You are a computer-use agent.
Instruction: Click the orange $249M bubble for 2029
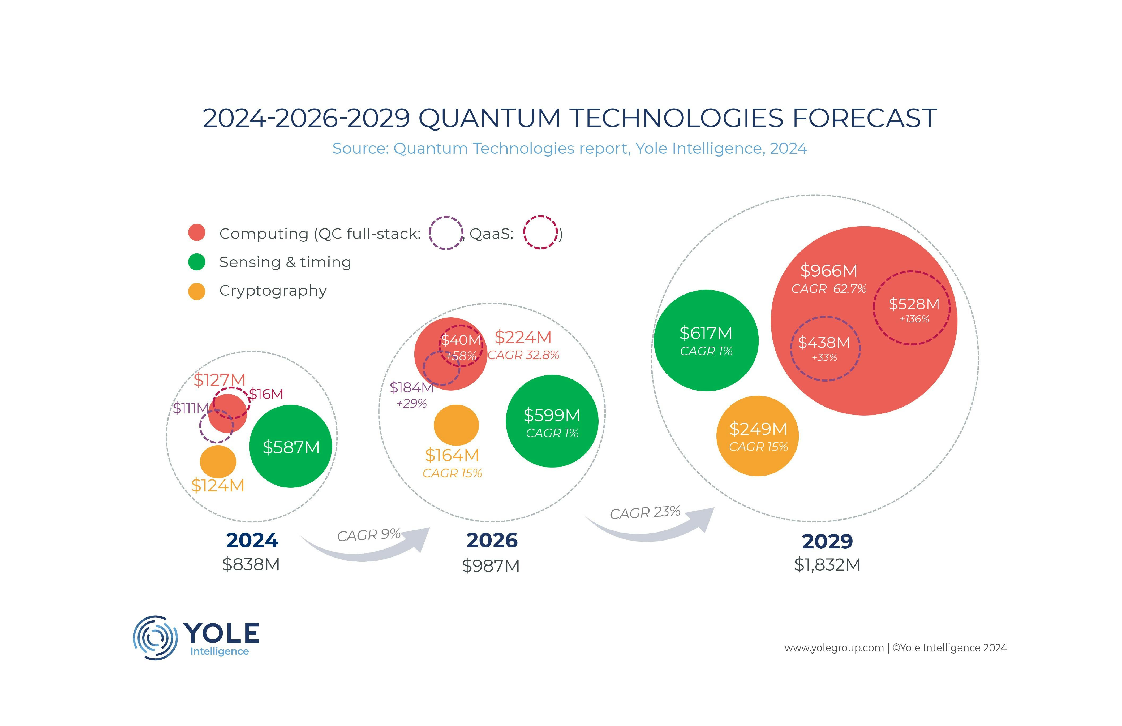coord(758,436)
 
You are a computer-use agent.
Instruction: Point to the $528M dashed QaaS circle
coord(912,308)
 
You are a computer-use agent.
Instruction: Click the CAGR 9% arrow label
coord(369,535)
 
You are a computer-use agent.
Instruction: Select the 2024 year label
coord(252,540)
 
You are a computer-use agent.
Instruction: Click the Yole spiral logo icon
coord(155,637)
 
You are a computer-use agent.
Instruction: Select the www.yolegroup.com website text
coord(833,648)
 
